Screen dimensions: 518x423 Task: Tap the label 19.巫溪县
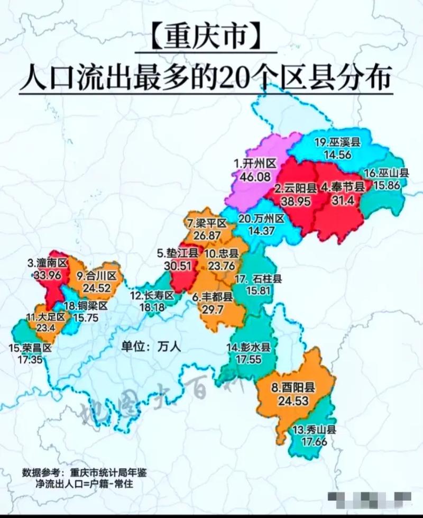(x=337, y=142)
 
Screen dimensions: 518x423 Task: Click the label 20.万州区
(x=261, y=218)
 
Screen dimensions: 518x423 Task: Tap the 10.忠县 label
(x=222, y=253)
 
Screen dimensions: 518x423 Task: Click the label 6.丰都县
(x=213, y=297)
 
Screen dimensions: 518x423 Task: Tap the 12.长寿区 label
(x=152, y=296)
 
